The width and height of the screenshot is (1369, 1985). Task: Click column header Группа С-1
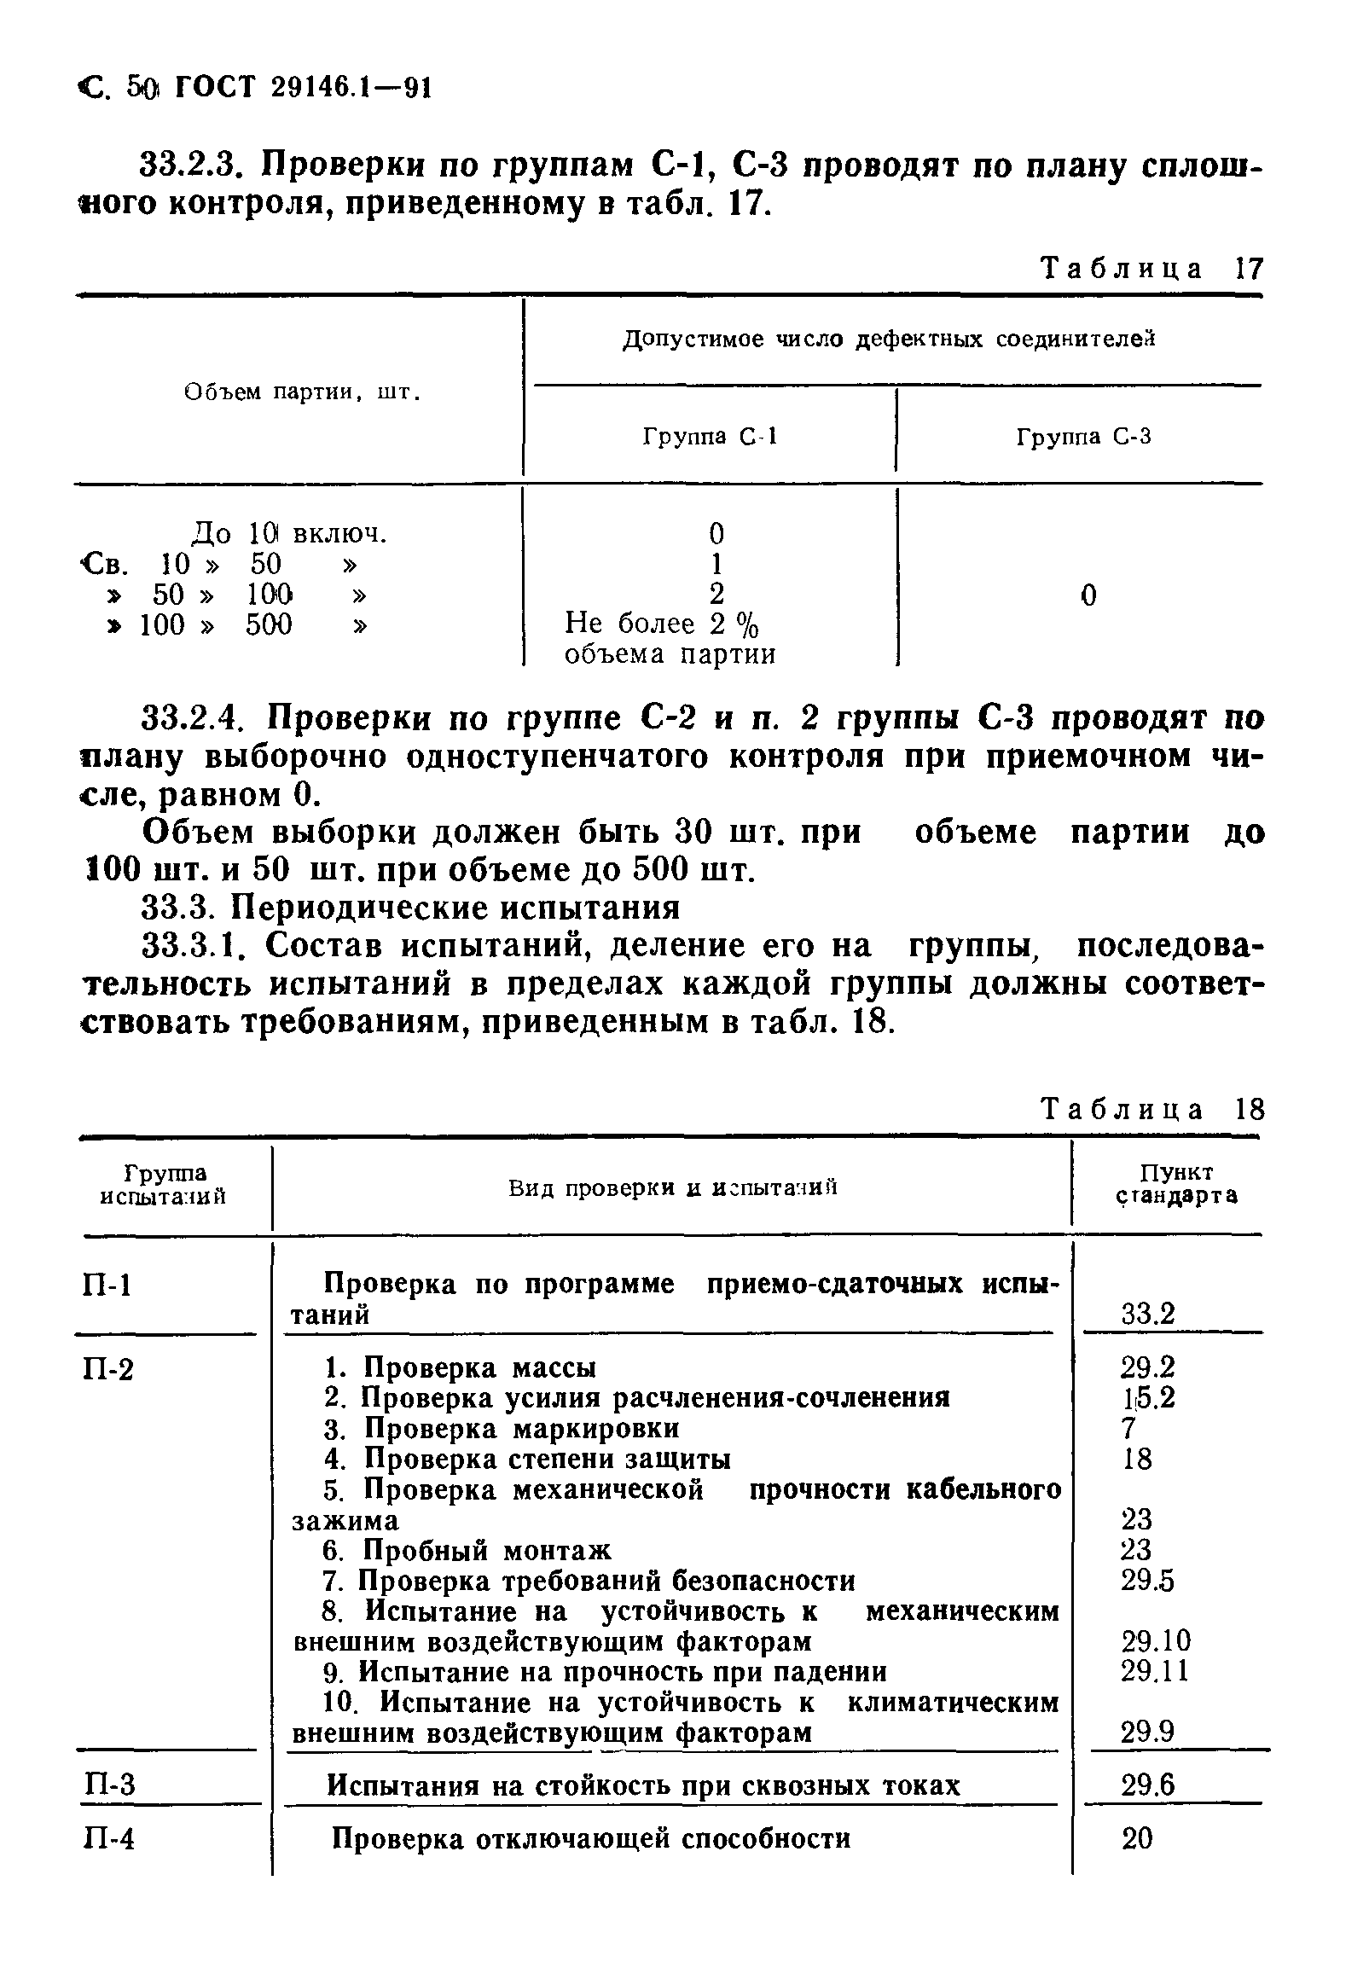[710, 438]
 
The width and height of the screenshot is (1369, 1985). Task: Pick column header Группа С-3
[1083, 438]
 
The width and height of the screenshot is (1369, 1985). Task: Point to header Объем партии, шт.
[303, 393]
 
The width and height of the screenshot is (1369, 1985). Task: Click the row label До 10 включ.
[288, 533]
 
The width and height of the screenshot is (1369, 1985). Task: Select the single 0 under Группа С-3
[1088, 595]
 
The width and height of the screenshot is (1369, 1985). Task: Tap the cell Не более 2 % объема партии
[669, 639]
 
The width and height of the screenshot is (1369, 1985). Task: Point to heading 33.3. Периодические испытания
[410, 908]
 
